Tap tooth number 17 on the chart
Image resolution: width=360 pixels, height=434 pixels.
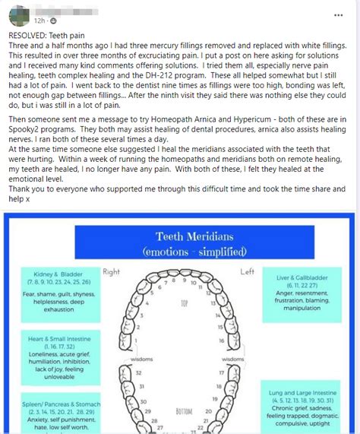(222, 372)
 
